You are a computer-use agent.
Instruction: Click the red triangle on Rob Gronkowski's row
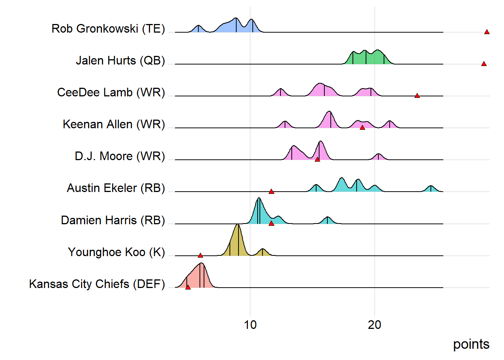(487, 32)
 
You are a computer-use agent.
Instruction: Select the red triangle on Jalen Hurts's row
(484, 64)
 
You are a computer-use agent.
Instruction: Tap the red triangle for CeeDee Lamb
(417, 96)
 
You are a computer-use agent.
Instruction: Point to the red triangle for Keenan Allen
(362, 127)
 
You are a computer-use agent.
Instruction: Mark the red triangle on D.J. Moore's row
(317, 159)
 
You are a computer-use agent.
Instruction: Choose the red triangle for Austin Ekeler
(271, 192)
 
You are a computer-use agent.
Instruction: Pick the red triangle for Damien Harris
(271, 223)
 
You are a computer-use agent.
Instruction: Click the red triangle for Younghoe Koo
(200, 255)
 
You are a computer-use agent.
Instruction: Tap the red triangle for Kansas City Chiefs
(188, 287)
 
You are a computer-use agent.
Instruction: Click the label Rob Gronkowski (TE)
(108, 28)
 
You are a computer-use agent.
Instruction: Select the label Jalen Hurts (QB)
(120, 60)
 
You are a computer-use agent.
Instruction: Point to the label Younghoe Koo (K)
(116, 252)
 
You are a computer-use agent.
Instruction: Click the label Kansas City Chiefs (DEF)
(97, 284)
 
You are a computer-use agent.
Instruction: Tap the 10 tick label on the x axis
(250, 325)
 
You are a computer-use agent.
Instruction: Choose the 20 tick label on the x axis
(374, 325)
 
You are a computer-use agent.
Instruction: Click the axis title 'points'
(471, 344)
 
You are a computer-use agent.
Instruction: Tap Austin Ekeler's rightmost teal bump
(431, 189)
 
